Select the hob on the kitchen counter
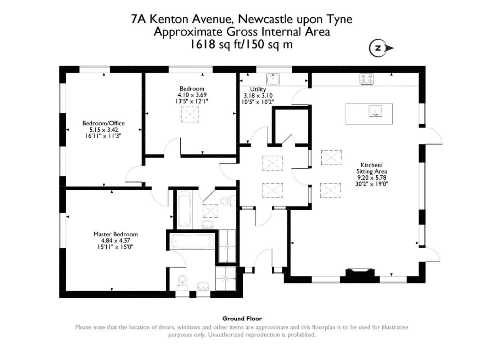point(367,79)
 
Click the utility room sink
point(273,79)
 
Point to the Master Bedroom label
point(116,234)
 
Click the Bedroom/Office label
point(103,123)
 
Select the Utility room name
point(258,89)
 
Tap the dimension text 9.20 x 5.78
point(371,178)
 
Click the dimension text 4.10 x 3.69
point(192,95)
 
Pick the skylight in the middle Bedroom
point(190,114)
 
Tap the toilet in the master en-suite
point(182,281)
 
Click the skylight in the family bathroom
point(210,211)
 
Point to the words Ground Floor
point(242,319)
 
